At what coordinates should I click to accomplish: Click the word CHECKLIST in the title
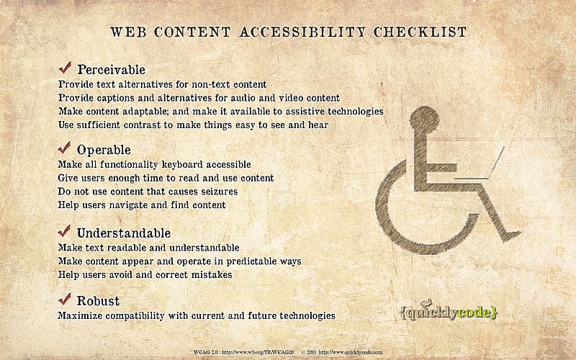click(420, 32)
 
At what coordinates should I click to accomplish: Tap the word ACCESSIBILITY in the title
click(302, 32)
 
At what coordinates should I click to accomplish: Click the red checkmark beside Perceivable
click(65, 68)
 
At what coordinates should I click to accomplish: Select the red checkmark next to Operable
click(64, 148)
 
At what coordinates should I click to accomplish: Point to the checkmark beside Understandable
click(64, 231)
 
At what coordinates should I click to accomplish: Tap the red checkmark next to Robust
click(65, 299)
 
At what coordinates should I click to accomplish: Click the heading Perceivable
click(112, 70)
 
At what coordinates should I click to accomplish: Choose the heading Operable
click(104, 150)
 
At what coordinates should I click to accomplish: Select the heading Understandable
click(124, 233)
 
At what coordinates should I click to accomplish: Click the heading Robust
click(98, 301)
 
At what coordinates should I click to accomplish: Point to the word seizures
click(220, 192)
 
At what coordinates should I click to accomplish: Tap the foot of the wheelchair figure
click(511, 235)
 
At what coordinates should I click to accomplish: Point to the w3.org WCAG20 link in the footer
click(244, 352)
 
